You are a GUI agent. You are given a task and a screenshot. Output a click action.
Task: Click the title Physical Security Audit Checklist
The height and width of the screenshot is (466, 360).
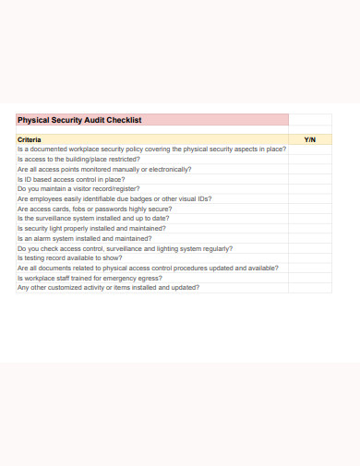(x=79, y=119)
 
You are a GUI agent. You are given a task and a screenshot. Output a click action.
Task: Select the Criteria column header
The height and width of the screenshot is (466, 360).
(x=30, y=139)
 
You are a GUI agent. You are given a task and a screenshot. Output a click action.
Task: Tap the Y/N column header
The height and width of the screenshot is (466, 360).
(x=309, y=139)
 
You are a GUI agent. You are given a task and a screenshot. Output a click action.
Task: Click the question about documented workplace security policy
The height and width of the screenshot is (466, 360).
(x=151, y=149)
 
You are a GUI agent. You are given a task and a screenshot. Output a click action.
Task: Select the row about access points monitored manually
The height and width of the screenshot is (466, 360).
(x=104, y=169)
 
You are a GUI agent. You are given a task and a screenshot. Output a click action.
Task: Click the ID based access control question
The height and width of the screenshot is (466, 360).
(x=71, y=179)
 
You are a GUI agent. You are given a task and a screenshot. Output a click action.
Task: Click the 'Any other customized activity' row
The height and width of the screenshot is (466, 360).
(x=108, y=287)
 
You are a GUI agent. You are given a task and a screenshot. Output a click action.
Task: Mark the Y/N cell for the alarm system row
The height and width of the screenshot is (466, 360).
(x=309, y=238)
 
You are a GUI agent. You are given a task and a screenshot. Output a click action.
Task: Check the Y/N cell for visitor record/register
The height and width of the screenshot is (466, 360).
(x=309, y=188)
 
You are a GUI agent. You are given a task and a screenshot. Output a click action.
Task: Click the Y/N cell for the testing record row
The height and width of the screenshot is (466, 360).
(x=309, y=257)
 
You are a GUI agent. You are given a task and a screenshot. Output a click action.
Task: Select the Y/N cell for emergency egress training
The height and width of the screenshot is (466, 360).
(x=309, y=278)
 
